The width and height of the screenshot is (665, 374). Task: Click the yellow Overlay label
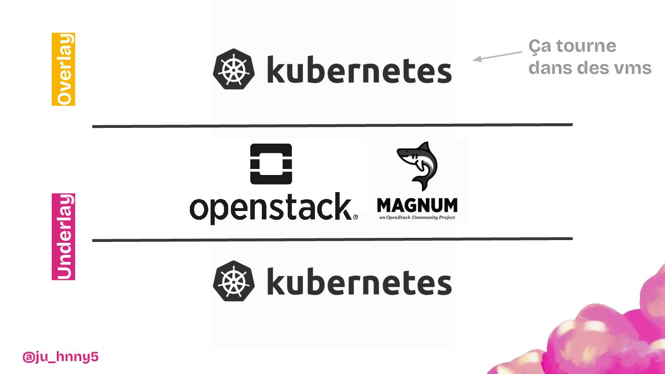tap(63, 69)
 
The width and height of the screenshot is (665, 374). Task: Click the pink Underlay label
tap(63, 236)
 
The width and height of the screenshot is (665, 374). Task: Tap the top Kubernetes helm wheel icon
tap(234, 69)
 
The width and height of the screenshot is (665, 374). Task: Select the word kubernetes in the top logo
tap(359, 70)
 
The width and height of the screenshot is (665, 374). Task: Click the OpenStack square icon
tap(271, 164)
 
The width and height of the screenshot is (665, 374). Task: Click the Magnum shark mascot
tap(417, 165)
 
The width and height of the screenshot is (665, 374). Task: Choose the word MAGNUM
tap(417, 205)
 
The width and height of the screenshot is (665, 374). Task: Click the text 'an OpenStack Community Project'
tap(417, 217)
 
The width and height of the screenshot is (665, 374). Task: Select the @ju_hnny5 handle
tap(60, 356)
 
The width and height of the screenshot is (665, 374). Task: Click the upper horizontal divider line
tap(332, 126)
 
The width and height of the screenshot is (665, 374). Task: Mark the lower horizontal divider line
tap(332, 240)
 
